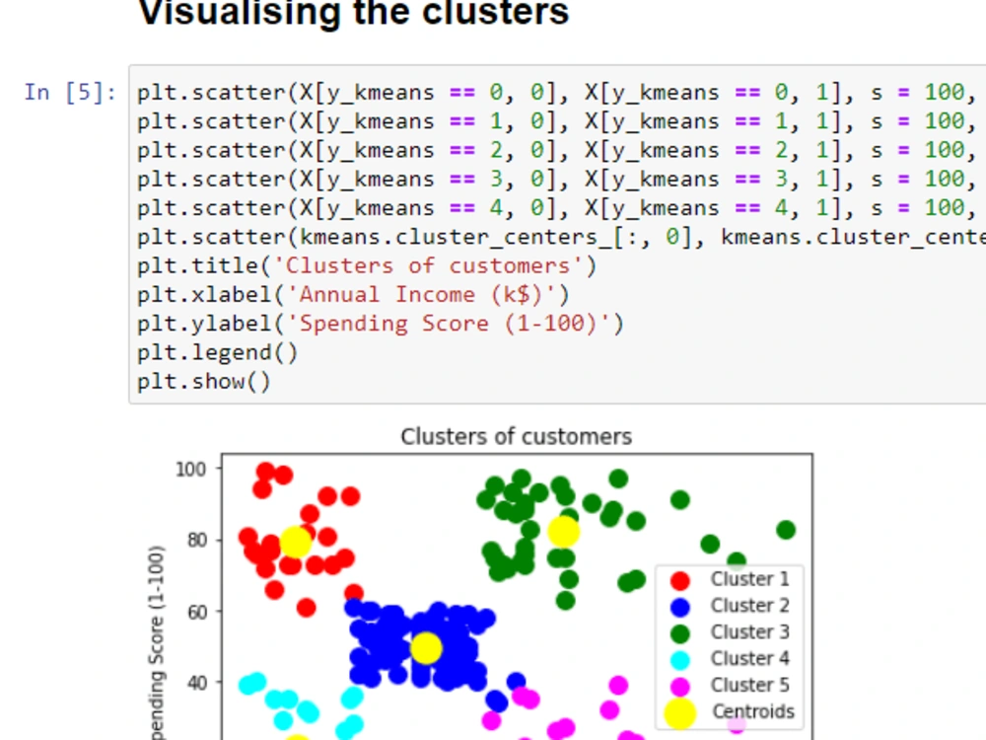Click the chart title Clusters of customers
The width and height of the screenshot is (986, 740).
[x=517, y=436]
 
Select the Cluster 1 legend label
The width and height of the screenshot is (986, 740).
[x=749, y=579]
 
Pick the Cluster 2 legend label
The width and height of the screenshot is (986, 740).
[x=749, y=606]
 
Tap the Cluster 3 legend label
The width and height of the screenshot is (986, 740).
[x=749, y=631]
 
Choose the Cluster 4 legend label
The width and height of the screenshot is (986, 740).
[x=749, y=658]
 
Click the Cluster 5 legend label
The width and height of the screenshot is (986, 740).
[x=749, y=685]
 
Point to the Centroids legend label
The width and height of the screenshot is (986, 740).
[x=753, y=711]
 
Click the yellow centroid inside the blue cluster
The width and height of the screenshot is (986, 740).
[x=426, y=648]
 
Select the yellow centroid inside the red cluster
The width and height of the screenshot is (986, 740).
[x=295, y=542]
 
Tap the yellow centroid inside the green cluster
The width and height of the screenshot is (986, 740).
[x=563, y=532]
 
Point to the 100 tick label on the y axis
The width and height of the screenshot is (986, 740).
[x=190, y=470]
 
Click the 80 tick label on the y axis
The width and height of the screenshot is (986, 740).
[x=197, y=541]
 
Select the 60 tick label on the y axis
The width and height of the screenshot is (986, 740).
[x=197, y=612]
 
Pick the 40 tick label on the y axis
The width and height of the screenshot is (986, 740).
[x=197, y=683]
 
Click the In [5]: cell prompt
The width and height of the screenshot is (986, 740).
[x=70, y=93]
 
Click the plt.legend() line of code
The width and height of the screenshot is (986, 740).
[x=218, y=352]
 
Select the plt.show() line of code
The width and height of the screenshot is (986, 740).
[x=204, y=381]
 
